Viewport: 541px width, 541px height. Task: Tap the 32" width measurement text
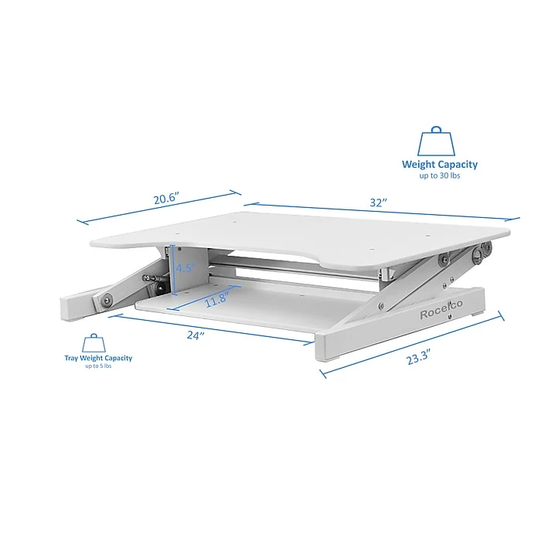click(x=377, y=202)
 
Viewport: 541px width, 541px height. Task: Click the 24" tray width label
click(x=196, y=335)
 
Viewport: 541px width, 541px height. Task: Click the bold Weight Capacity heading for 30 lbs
click(x=439, y=164)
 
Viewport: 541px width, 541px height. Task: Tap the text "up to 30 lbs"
click(x=439, y=176)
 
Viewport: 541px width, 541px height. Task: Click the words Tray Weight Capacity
click(x=98, y=358)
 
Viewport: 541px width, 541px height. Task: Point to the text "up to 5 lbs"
click(x=98, y=366)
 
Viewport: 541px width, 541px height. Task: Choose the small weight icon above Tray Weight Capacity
click(x=95, y=342)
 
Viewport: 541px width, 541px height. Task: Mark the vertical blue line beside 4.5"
click(x=175, y=270)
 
